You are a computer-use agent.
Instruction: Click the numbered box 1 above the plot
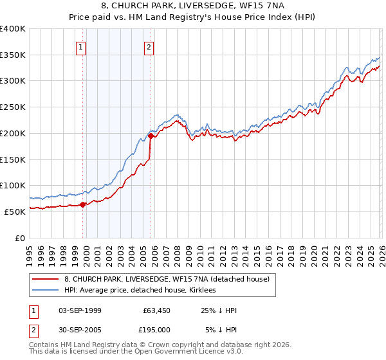coord(81,47)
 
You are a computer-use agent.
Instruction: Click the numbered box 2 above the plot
coord(149,47)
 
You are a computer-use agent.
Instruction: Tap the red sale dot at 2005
coord(151,136)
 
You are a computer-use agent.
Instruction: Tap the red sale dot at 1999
coord(82,204)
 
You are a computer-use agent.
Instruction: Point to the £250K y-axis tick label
coord(13,107)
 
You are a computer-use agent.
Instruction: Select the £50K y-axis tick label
coord(15,212)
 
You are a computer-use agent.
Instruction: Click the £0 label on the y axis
coord(21,238)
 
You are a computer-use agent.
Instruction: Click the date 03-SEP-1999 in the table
coord(80,310)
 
